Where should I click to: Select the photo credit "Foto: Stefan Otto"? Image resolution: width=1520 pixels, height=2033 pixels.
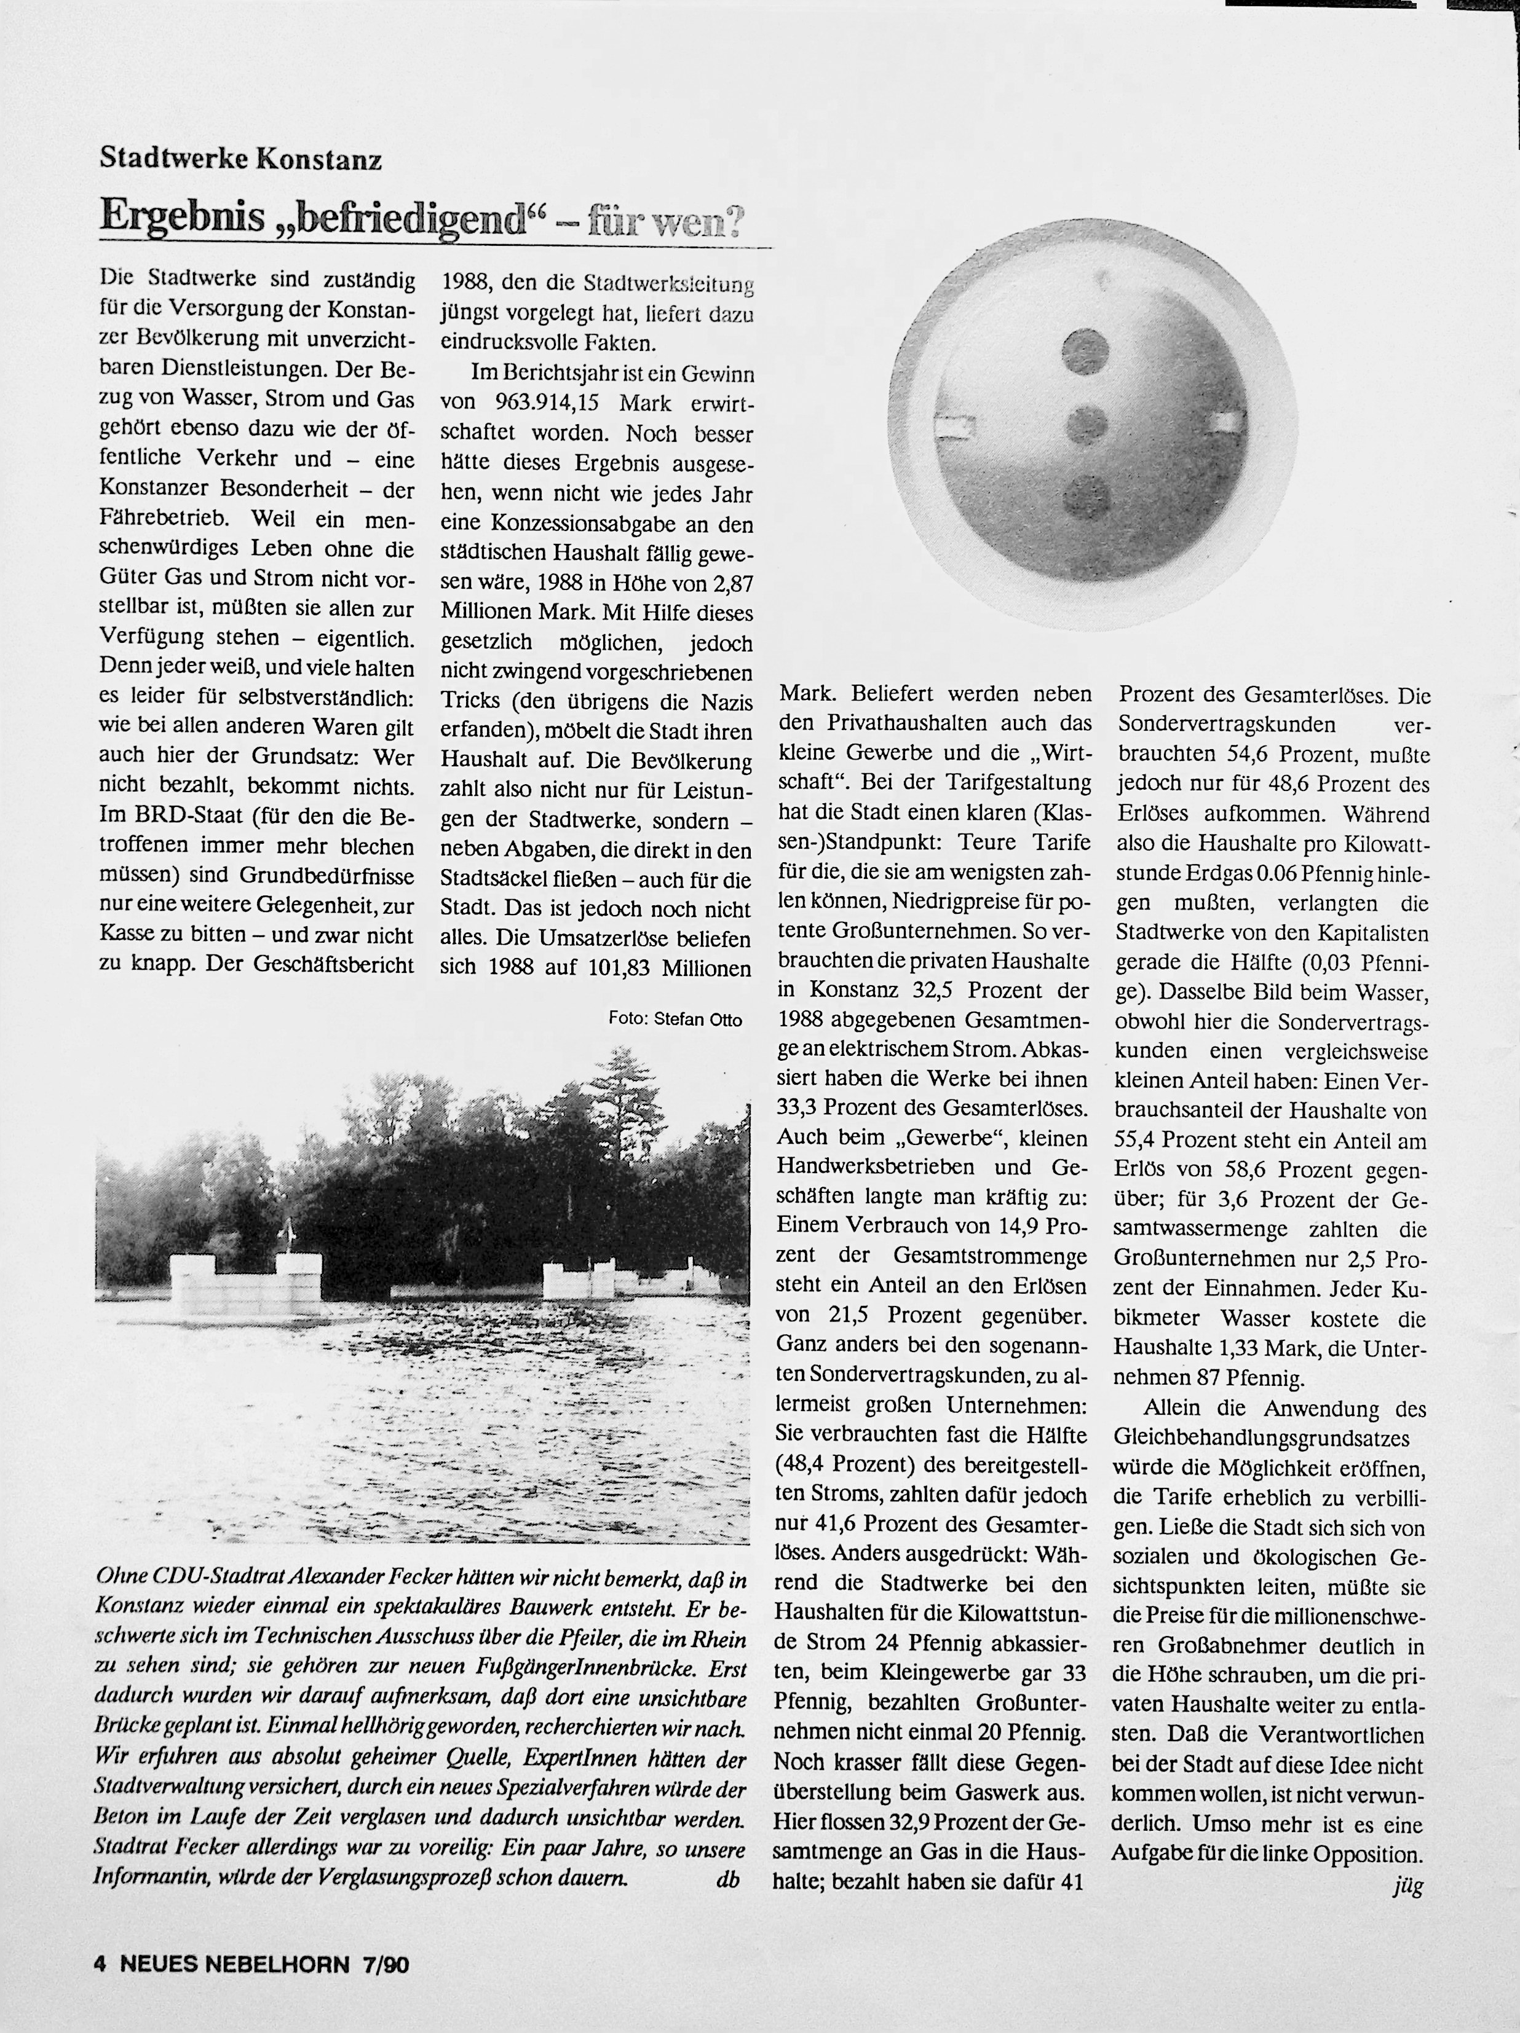coord(675,1019)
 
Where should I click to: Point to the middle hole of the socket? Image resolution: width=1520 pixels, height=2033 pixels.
coord(1087,423)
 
